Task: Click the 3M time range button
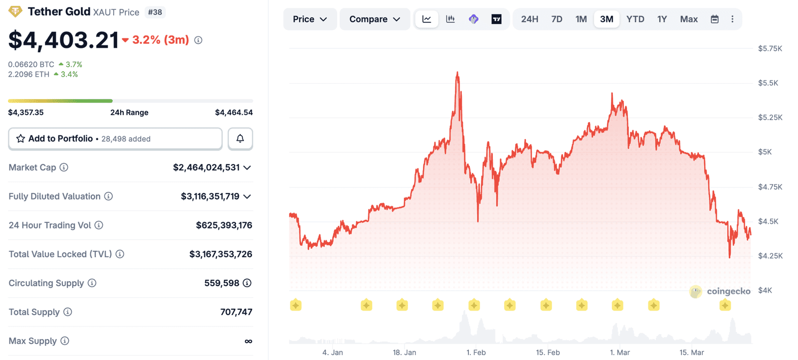coord(606,19)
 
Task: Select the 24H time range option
coord(529,19)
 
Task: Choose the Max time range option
coord(689,19)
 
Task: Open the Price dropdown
coord(310,19)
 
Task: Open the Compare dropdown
coord(375,19)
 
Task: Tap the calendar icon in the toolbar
coord(715,19)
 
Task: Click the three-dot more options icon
coord(732,19)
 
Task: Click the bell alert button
coord(240,139)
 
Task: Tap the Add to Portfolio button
coord(115,139)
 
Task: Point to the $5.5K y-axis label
coord(768,83)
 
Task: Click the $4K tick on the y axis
coord(765,290)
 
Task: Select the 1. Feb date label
coord(476,352)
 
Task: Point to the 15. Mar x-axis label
coord(691,352)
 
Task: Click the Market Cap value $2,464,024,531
coord(206,168)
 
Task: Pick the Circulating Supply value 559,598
coord(221,283)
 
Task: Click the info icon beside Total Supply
coord(68,312)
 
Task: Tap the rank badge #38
coord(155,12)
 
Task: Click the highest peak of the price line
coord(457,73)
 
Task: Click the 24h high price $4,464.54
coord(233,112)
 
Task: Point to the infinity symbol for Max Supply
coord(248,341)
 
